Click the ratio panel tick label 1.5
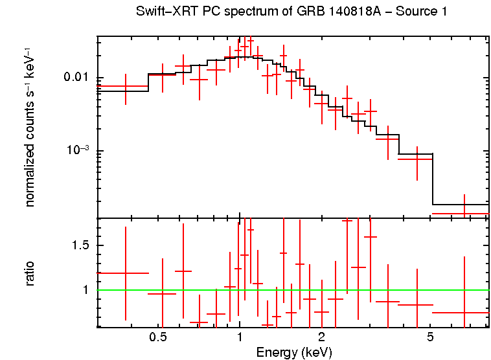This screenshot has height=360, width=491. click(x=80, y=245)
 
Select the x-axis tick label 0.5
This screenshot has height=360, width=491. click(x=158, y=337)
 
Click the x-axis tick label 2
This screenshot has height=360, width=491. click(x=321, y=337)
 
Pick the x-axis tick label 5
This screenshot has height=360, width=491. click(x=430, y=337)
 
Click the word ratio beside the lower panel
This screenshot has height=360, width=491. click(x=30, y=273)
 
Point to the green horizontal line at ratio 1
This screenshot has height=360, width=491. click(x=291, y=290)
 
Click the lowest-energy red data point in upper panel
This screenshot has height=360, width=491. click(x=126, y=85)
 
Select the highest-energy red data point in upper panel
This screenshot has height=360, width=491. click(x=464, y=213)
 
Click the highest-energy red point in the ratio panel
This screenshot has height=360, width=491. click(x=464, y=312)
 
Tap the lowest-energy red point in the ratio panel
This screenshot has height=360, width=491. click(x=126, y=273)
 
